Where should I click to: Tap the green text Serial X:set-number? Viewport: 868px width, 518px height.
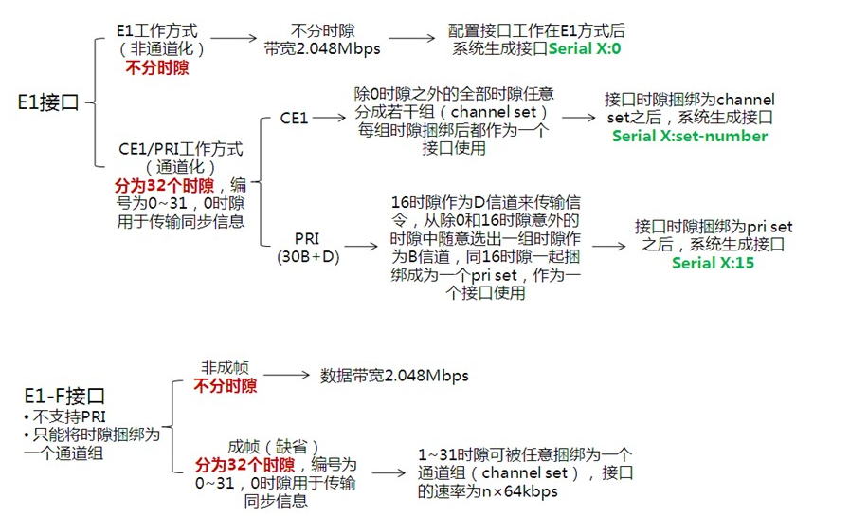(689, 136)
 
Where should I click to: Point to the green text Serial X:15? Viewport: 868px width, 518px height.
(713, 263)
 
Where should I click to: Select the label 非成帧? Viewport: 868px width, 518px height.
(225, 367)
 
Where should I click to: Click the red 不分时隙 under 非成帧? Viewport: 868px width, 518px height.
(226, 386)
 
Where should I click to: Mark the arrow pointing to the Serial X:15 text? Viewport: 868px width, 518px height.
(607, 245)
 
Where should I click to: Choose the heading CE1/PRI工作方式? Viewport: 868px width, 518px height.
(180, 149)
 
